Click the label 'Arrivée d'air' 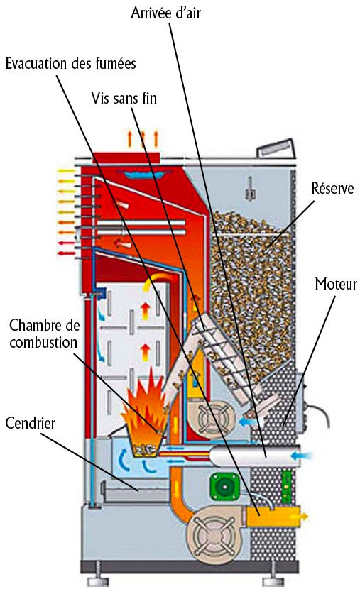click(x=165, y=13)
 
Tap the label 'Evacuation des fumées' click(x=71, y=63)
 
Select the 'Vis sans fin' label click(x=124, y=98)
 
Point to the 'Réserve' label click(x=333, y=188)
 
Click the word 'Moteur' click(x=336, y=284)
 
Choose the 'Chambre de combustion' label click(x=43, y=334)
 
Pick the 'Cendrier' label click(x=30, y=423)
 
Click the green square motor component click(x=224, y=486)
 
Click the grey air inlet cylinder click(x=250, y=456)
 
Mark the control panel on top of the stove click(x=275, y=148)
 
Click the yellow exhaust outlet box click(x=273, y=516)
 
